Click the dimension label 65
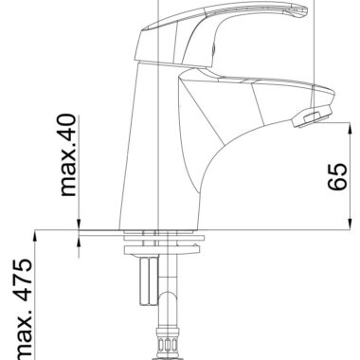(337, 177)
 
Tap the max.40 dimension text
(68, 155)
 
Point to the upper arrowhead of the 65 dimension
(350, 130)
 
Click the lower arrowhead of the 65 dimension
(350, 223)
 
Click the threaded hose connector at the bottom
(168, 344)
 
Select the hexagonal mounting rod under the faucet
(148, 281)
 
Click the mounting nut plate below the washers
(162, 250)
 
